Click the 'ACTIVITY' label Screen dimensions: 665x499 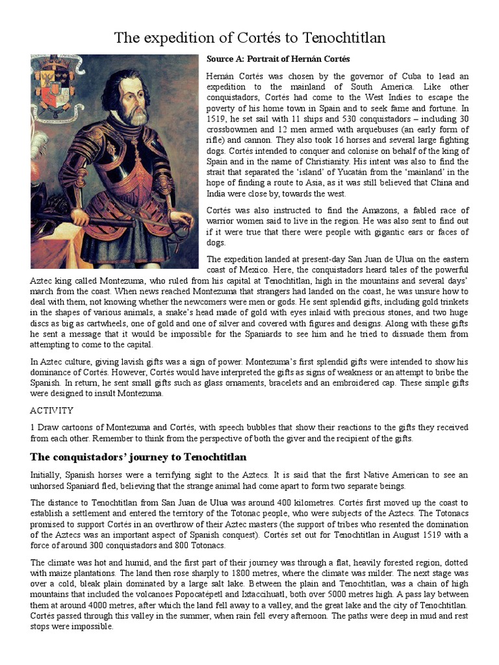click(51, 410)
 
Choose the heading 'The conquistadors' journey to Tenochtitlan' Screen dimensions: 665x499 click(138, 457)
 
